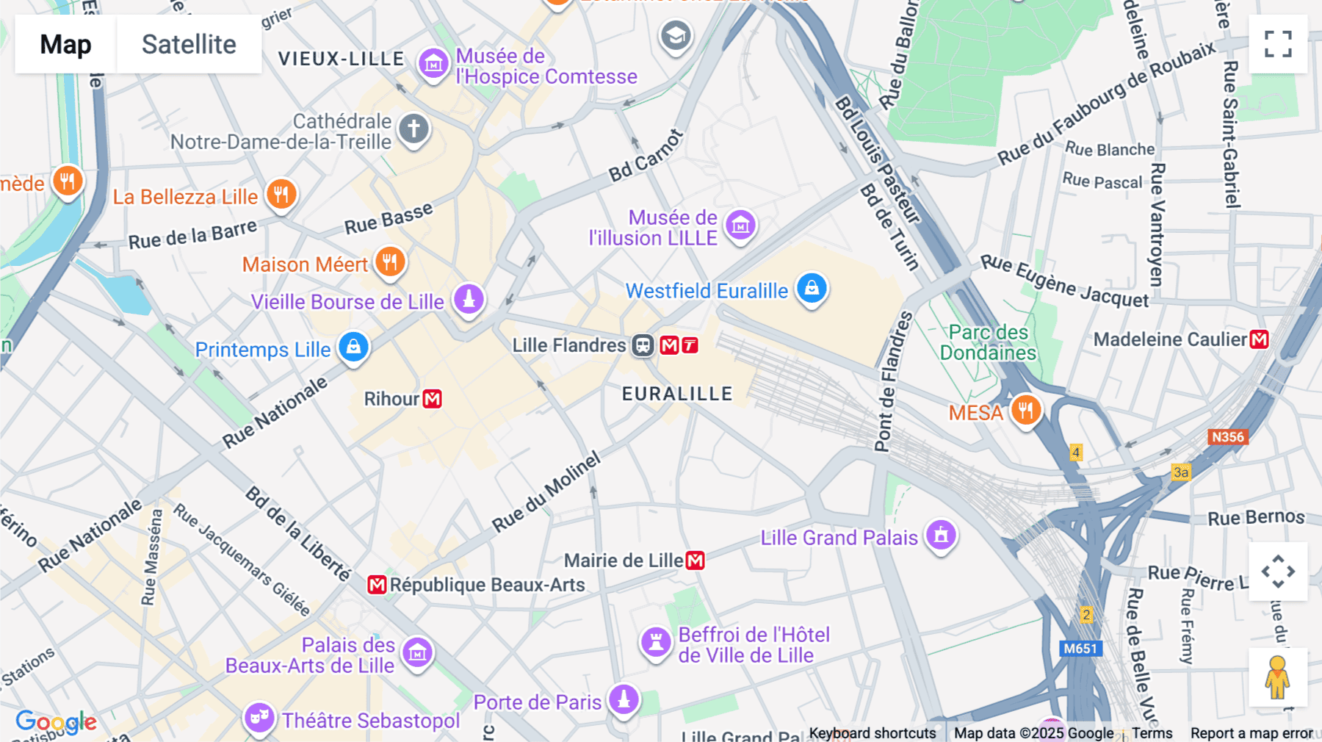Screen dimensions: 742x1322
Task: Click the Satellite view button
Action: point(189,44)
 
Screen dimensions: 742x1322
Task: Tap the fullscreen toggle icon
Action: point(1278,44)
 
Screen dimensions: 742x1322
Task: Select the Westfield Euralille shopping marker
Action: point(812,288)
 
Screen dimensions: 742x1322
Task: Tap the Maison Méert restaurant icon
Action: point(390,262)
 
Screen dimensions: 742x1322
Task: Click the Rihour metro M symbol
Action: point(433,399)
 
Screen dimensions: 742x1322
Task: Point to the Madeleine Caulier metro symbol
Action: point(1259,339)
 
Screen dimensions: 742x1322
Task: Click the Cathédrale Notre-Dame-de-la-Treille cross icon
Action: point(413,129)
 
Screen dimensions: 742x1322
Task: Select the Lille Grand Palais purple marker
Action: point(941,535)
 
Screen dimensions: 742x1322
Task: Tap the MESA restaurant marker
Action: point(1026,410)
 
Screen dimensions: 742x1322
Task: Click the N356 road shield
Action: point(1227,437)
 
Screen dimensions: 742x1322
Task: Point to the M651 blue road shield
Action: point(1080,648)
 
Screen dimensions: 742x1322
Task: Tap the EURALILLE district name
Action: point(677,394)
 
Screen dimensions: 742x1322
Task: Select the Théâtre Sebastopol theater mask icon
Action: point(259,717)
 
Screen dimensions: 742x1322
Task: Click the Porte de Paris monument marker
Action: point(624,699)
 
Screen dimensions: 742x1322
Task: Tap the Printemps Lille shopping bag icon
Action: point(353,347)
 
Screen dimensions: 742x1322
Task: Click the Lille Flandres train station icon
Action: point(643,345)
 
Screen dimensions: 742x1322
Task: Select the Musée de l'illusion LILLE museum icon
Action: point(740,226)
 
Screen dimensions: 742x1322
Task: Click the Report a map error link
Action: point(1251,733)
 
